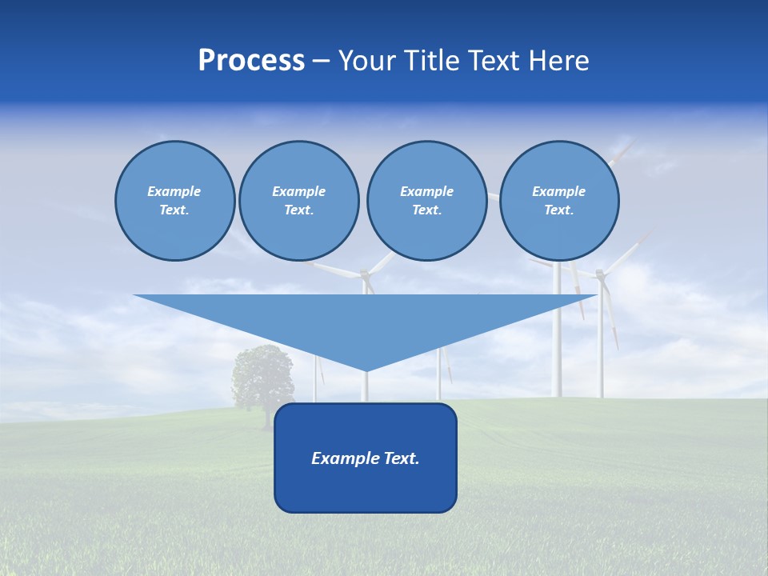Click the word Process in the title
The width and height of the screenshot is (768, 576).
click(x=251, y=61)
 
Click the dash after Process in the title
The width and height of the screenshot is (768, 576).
click(x=321, y=62)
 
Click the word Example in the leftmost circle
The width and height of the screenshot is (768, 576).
click(x=174, y=191)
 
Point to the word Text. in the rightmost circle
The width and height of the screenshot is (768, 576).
click(x=559, y=210)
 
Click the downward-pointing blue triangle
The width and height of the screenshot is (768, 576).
click(x=365, y=320)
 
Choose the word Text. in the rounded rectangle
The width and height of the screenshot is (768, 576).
click(x=401, y=458)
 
